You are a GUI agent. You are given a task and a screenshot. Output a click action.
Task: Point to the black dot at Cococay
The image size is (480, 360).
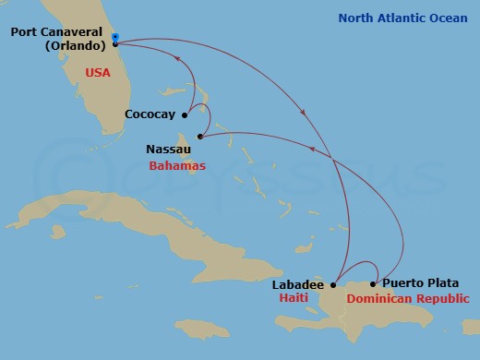186,115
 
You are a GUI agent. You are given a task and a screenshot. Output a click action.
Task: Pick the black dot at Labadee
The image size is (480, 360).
333,284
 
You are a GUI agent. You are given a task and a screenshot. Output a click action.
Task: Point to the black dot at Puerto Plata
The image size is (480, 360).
373,283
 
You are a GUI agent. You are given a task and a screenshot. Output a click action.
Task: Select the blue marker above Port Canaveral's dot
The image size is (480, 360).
114,37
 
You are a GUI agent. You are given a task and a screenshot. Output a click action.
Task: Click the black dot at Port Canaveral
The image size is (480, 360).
114,43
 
